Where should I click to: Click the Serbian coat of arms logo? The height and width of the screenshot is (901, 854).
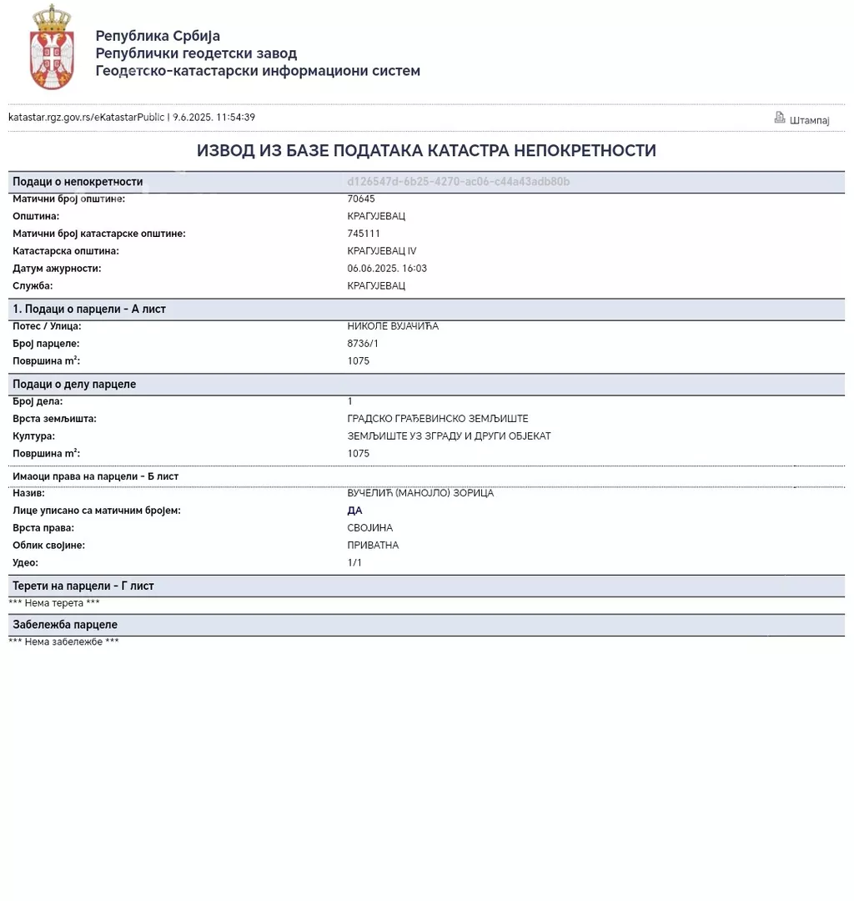point(52,47)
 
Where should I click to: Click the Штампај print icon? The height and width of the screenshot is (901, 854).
point(780,118)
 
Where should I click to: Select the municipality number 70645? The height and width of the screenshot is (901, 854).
point(361,199)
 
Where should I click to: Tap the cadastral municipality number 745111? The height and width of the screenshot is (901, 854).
point(364,234)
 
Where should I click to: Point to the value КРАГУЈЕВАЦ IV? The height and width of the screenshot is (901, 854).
point(381,251)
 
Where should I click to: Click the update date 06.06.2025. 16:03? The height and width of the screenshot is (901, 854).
point(387,269)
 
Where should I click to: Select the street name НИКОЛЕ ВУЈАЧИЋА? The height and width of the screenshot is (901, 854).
point(393,326)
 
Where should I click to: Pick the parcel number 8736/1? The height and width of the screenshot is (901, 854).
point(363,344)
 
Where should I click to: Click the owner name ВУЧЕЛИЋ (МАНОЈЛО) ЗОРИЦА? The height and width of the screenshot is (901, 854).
point(420,493)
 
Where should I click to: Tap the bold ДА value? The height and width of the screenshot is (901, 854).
point(354,511)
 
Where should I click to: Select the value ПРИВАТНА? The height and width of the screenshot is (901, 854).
point(373,546)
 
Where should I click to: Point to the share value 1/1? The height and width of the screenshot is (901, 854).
point(354,563)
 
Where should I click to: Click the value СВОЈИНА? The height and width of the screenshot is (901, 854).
point(369,528)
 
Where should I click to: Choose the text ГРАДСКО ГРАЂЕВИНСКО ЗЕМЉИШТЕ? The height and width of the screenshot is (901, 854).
point(438,419)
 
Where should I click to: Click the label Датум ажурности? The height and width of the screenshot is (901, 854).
point(57,269)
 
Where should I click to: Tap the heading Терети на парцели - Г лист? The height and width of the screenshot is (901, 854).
point(83,586)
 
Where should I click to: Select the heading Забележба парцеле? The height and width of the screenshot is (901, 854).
point(65,625)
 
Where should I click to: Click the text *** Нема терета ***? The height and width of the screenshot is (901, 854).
point(54,603)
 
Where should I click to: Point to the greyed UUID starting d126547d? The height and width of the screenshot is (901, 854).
point(458,181)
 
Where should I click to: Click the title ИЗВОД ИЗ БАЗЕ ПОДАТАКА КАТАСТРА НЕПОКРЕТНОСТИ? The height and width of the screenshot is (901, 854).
point(426,151)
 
